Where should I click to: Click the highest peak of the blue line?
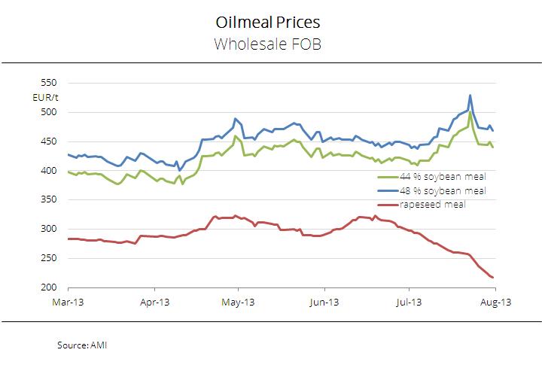click(x=470, y=96)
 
